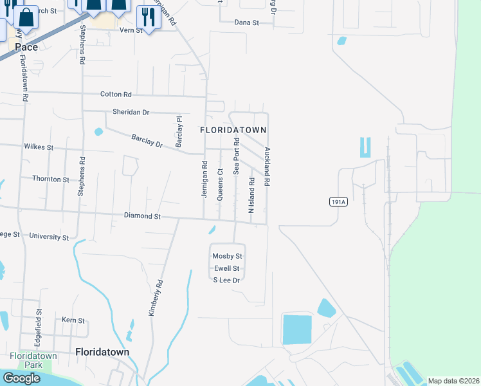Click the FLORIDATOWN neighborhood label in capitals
click(x=232, y=130)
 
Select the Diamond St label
click(x=142, y=217)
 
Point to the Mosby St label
click(x=227, y=256)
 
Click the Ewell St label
click(x=226, y=268)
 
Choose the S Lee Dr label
click(x=226, y=280)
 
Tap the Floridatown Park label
click(x=30, y=360)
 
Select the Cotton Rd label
click(x=116, y=94)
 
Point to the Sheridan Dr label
click(x=131, y=112)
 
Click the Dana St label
click(x=246, y=22)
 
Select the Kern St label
click(x=73, y=320)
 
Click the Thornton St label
click(x=50, y=179)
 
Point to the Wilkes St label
click(x=39, y=147)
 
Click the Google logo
click(x=21, y=378)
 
